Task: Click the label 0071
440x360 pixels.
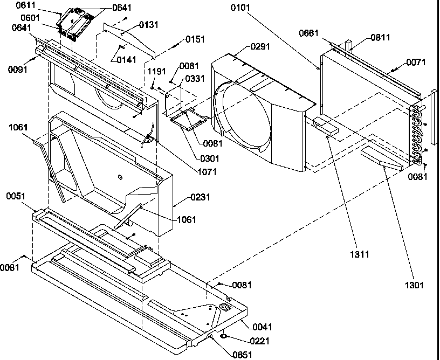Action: (416, 63)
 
